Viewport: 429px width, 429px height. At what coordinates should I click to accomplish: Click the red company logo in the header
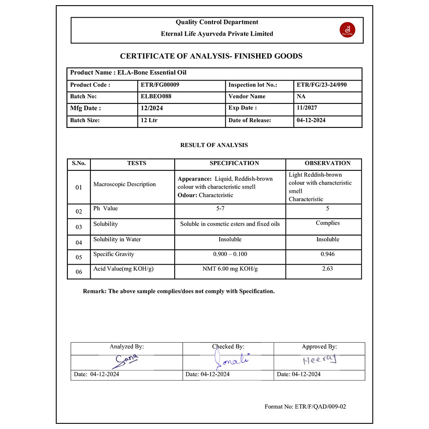pos(347,30)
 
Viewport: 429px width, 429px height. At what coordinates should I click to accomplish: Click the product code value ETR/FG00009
pos(160,85)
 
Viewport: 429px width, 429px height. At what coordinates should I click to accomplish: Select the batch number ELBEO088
pos(156,97)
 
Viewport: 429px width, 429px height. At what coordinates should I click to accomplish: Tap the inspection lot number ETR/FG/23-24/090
pos(322,85)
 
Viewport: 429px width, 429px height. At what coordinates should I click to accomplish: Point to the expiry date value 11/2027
pos(307,108)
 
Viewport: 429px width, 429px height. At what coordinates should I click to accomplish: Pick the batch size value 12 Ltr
pos(149,121)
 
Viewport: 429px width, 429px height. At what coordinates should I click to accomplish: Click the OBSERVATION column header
pos(328,163)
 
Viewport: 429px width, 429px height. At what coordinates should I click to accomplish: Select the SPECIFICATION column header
pos(234,163)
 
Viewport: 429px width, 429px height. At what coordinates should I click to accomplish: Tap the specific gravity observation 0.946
pos(328,254)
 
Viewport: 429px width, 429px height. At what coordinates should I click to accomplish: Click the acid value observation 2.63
pos(328,269)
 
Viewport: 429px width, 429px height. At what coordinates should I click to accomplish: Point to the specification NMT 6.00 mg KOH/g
pos(230,269)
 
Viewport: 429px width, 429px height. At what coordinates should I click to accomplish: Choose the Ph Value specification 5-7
pos(230,208)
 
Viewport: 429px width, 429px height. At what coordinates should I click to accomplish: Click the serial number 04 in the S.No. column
pos(79,243)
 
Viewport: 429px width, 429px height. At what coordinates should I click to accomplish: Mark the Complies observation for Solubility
pos(328,223)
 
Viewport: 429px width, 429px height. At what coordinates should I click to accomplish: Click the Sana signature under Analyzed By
pos(125,361)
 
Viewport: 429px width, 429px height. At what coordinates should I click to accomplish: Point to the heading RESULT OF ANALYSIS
pos(214,145)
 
